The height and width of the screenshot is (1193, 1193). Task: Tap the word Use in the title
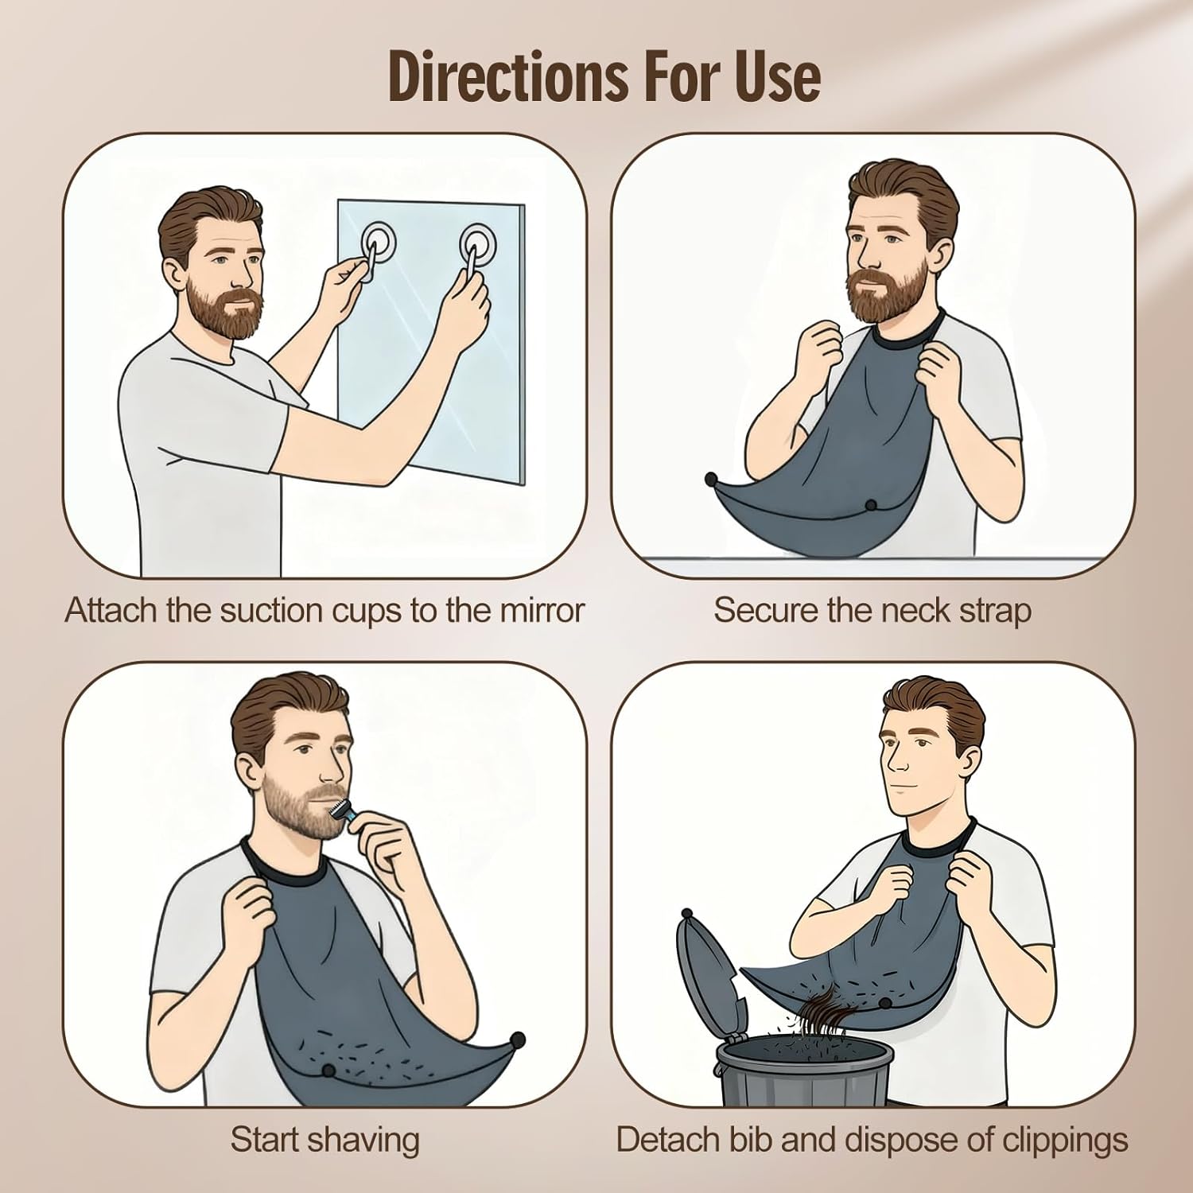777,77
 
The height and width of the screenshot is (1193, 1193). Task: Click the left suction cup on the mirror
377,238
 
